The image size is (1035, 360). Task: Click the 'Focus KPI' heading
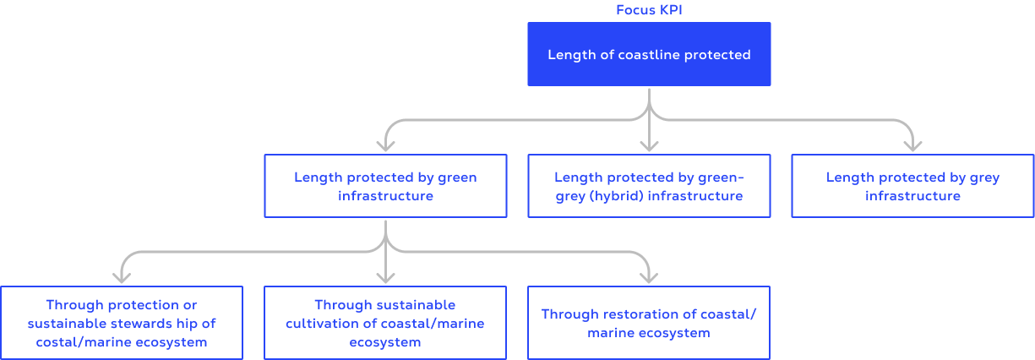tap(649, 10)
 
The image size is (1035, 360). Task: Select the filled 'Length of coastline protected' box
tap(649, 54)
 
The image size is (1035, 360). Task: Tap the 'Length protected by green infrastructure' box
tap(385, 186)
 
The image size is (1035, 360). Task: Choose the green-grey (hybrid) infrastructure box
tap(649, 186)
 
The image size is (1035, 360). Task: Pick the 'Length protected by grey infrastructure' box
tap(912, 186)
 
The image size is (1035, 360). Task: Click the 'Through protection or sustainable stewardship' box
tap(122, 323)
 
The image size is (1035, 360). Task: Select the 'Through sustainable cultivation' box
tap(385, 323)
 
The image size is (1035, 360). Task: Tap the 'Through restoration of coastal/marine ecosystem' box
tap(649, 323)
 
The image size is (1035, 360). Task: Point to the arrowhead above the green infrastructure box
tap(385, 145)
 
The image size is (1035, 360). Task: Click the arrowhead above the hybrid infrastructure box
tap(649, 145)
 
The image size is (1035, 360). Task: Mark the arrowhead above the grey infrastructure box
tap(912, 145)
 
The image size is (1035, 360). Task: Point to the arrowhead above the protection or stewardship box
tap(122, 277)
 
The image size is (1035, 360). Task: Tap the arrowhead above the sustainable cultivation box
tap(385, 277)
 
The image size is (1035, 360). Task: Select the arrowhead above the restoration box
tap(649, 277)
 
